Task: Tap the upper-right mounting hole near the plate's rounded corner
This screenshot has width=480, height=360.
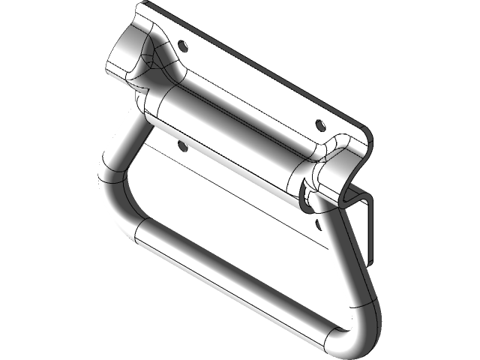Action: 320,124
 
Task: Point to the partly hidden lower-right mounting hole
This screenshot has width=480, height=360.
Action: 318,221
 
